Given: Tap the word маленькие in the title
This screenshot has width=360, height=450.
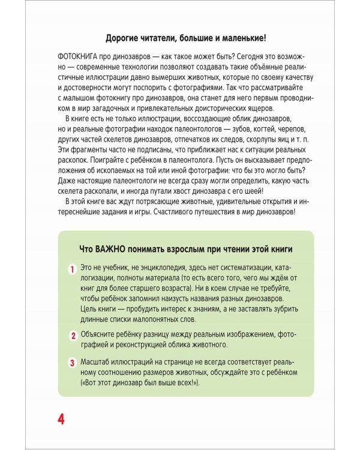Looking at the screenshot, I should [x=236, y=38].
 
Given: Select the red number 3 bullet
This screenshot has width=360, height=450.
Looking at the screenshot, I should [x=72, y=362].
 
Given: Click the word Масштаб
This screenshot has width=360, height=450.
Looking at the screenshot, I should [x=97, y=361].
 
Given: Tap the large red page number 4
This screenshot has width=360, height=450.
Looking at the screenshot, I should [x=61, y=418].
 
